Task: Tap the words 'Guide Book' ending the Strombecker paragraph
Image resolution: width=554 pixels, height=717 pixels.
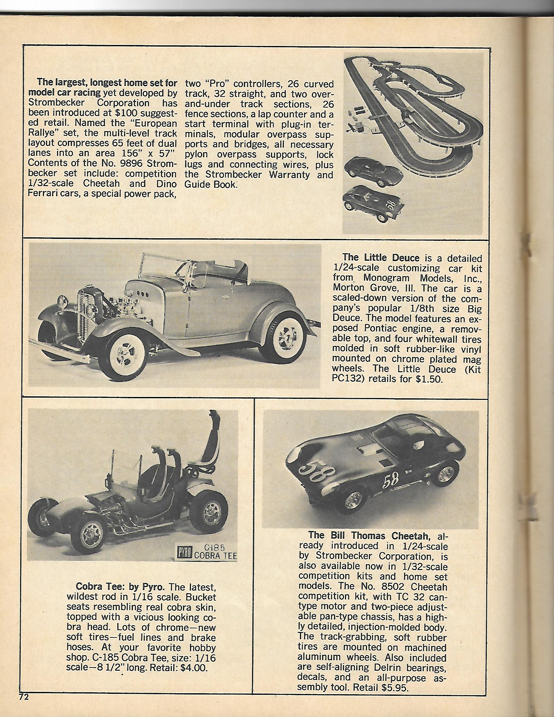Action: coord(211,185)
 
